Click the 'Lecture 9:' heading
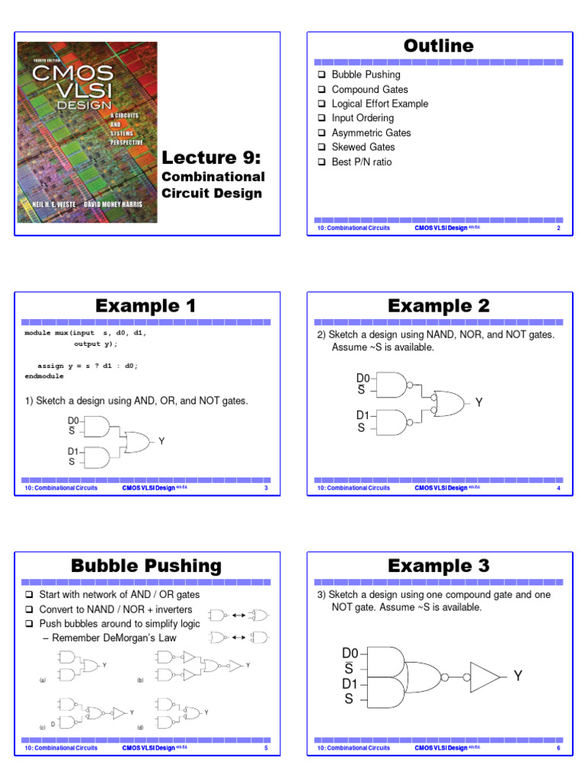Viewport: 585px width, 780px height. pos(211,158)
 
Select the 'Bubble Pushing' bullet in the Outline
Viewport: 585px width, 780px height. pos(366,75)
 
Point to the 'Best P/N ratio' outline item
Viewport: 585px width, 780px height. pos(362,161)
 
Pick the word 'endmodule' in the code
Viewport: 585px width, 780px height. pos(44,376)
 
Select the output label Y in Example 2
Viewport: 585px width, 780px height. pos(479,402)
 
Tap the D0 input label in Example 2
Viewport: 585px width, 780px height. pos(363,378)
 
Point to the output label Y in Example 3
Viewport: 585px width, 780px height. pos(518,676)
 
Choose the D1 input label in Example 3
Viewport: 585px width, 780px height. pos(350,684)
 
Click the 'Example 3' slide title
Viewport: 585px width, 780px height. pos(438,566)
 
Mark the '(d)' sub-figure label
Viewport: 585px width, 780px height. pos(140,728)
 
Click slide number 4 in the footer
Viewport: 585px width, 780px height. pos(558,488)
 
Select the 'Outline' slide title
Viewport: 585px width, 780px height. pos(438,46)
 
